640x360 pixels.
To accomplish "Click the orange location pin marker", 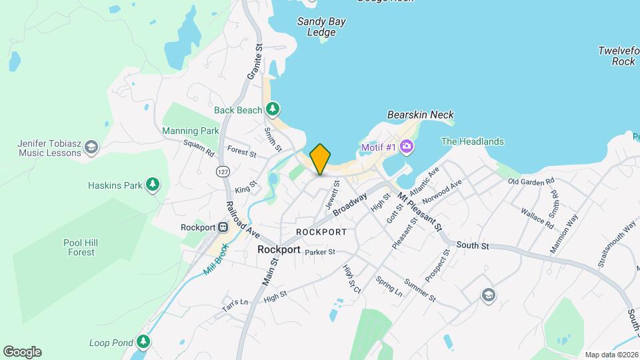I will (320, 159).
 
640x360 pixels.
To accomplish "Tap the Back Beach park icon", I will (272, 109).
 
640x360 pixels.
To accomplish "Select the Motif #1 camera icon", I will (406, 147).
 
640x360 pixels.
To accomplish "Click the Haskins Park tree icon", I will (153, 184).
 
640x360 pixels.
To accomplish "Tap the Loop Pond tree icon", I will (143, 342).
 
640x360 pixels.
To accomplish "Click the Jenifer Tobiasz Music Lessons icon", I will (91, 147).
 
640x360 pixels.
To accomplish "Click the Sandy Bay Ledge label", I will (321, 27).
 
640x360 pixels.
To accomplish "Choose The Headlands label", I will (473, 141).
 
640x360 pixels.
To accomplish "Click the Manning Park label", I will (191, 131).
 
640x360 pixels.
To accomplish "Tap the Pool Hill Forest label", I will (81, 247).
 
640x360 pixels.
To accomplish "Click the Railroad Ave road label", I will (243, 220).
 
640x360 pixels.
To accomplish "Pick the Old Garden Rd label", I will (531, 181).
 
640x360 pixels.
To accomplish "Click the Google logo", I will (22, 352).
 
